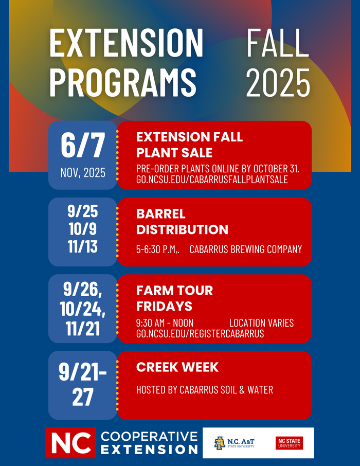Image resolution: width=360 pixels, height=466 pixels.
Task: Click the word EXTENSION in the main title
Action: (x=127, y=43)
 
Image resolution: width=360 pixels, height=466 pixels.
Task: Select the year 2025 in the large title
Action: (x=278, y=82)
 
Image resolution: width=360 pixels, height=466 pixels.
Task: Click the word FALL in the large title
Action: (x=278, y=43)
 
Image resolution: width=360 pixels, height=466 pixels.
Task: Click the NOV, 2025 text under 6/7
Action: (x=83, y=173)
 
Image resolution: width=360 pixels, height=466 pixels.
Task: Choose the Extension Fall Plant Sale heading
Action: (x=189, y=145)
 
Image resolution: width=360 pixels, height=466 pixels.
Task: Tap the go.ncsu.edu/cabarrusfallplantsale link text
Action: (x=212, y=180)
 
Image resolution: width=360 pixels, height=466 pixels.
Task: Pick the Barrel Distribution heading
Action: (x=182, y=222)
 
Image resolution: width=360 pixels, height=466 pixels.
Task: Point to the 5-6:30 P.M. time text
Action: (x=157, y=249)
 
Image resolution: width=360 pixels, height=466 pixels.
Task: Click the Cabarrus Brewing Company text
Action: (x=246, y=249)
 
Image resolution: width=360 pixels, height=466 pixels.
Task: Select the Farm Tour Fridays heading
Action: (x=174, y=298)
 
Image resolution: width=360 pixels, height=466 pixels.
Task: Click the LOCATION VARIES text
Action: (x=261, y=323)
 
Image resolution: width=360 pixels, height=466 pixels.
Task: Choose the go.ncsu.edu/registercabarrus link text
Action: (x=200, y=333)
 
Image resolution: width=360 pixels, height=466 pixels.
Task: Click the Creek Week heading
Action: (x=177, y=367)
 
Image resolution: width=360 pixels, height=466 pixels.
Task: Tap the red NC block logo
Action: (x=71, y=443)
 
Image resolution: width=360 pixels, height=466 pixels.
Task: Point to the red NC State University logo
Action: (x=289, y=443)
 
